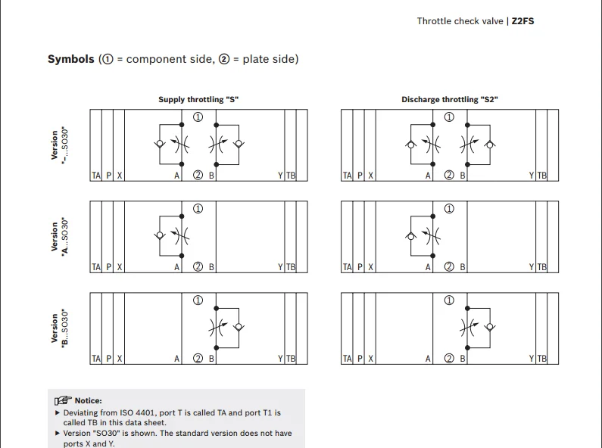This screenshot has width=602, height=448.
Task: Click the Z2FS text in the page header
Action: [522, 21]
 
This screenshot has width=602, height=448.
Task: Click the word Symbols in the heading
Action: [71, 59]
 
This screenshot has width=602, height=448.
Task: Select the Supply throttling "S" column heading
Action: [198, 99]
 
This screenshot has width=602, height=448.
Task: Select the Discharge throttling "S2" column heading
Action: [449, 99]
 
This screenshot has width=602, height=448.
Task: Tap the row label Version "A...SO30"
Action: [60, 236]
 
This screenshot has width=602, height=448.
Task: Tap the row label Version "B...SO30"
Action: [60, 328]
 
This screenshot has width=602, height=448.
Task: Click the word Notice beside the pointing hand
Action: [88, 400]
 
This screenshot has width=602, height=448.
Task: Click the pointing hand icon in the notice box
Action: [63, 400]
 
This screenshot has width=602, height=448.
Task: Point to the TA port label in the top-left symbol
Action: [96, 176]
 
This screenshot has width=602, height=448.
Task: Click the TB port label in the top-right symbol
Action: [541, 176]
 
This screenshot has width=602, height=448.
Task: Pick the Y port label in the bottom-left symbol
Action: [280, 359]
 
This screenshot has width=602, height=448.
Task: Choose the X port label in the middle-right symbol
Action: [370, 267]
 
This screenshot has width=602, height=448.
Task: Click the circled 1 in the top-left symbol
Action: [198, 117]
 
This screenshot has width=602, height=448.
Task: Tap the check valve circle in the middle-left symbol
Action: [159, 235]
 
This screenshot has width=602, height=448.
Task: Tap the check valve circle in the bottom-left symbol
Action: [239, 327]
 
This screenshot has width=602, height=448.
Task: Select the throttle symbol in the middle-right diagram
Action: [433, 235]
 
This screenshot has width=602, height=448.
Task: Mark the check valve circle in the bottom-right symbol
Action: [489, 327]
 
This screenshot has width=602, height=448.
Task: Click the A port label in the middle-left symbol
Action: [177, 267]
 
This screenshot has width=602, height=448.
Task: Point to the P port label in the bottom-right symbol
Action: [360, 359]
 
